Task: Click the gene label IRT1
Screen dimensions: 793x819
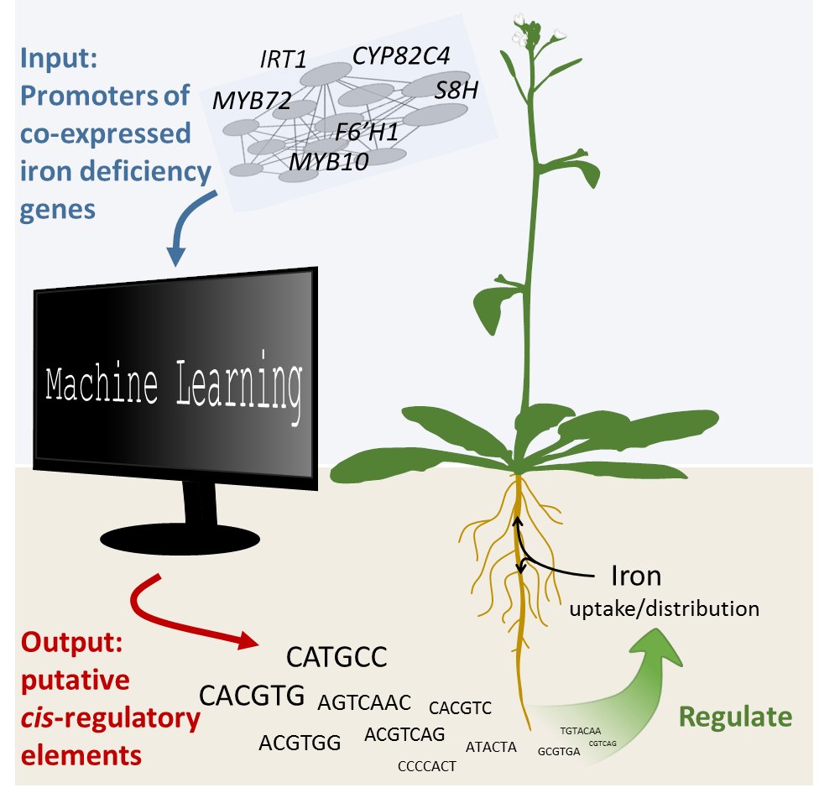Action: point(284,59)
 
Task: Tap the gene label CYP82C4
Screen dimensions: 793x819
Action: point(401,56)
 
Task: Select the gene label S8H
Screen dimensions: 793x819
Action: point(456,91)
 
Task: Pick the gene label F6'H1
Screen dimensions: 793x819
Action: point(367,132)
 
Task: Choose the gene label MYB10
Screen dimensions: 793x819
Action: point(328,162)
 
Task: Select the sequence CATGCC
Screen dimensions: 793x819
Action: point(336,656)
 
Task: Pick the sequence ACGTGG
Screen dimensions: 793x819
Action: point(299,743)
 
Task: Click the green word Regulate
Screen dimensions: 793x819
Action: point(735,717)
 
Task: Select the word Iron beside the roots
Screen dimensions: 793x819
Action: point(635,576)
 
